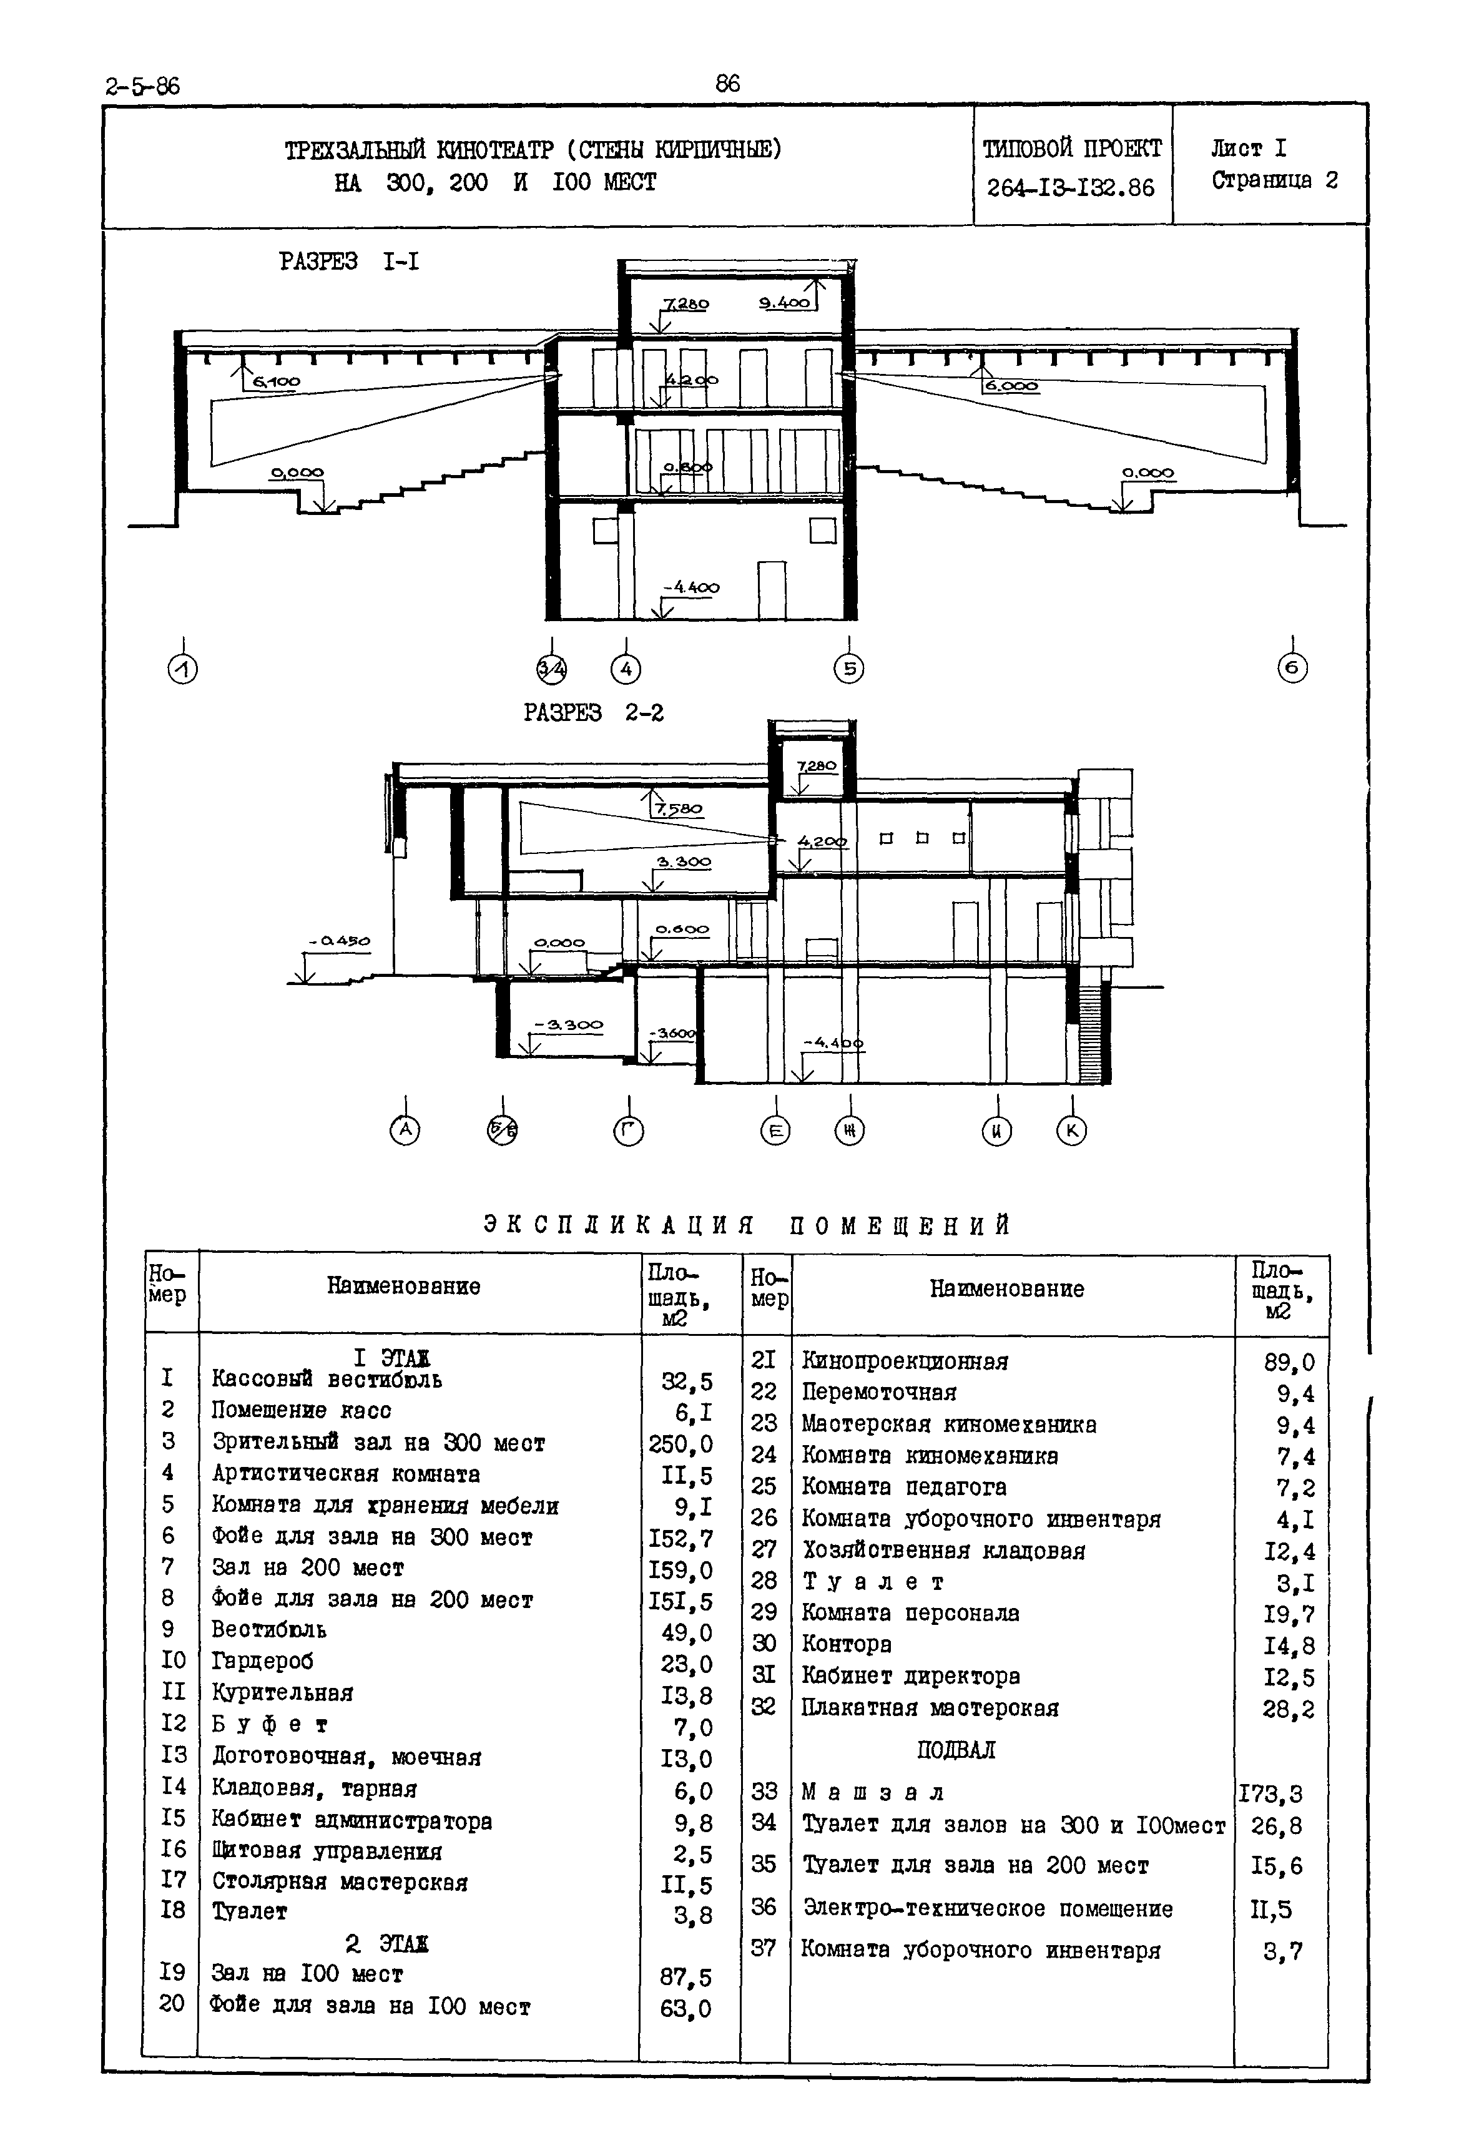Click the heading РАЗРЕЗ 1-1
349,262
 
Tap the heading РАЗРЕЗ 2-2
594,713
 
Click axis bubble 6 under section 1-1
1292,668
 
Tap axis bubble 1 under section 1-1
183,669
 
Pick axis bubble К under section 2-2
1071,1130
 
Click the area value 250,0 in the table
680,1443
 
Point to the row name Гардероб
263,1662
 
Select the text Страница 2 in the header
1274,180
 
